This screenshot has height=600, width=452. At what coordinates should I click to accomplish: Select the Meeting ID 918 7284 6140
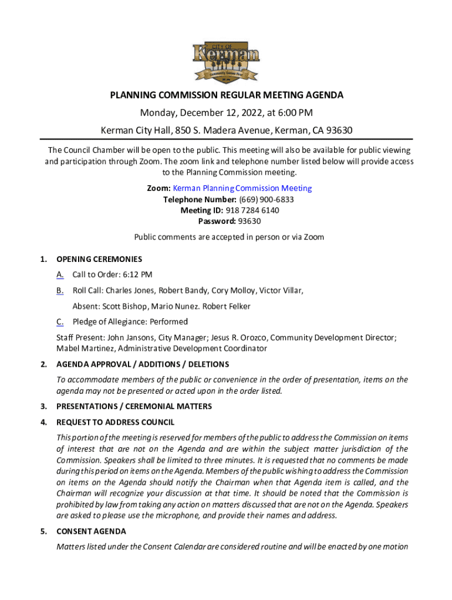tap(250, 210)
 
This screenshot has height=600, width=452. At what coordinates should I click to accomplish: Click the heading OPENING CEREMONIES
tap(99, 259)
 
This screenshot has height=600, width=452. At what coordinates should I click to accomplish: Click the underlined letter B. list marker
tap(60, 290)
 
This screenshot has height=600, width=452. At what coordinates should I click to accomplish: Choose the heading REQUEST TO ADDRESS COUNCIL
tap(115, 422)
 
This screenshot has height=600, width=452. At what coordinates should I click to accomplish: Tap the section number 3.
tap(43, 406)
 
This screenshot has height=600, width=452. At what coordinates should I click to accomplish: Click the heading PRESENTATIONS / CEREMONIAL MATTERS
tap(134, 406)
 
